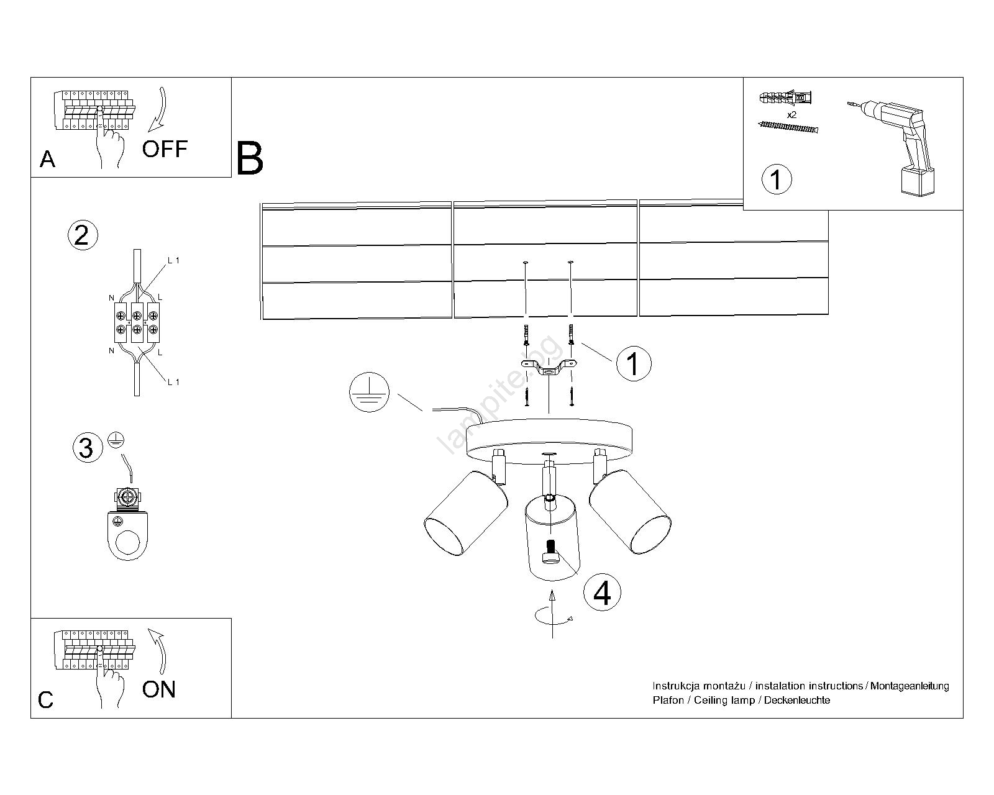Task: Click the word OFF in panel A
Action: (x=165, y=149)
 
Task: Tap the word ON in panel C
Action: (x=159, y=689)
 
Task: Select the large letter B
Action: (x=250, y=160)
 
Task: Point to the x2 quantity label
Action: (x=791, y=116)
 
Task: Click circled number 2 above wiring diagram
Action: (x=82, y=235)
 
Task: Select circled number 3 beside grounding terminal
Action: (x=87, y=448)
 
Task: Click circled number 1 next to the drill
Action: (x=776, y=179)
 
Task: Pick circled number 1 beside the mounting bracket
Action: (x=633, y=363)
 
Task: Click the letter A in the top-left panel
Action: (x=47, y=160)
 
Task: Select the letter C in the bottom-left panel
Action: (x=45, y=701)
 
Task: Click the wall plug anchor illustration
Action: (x=785, y=98)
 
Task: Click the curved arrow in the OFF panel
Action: (x=159, y=112)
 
